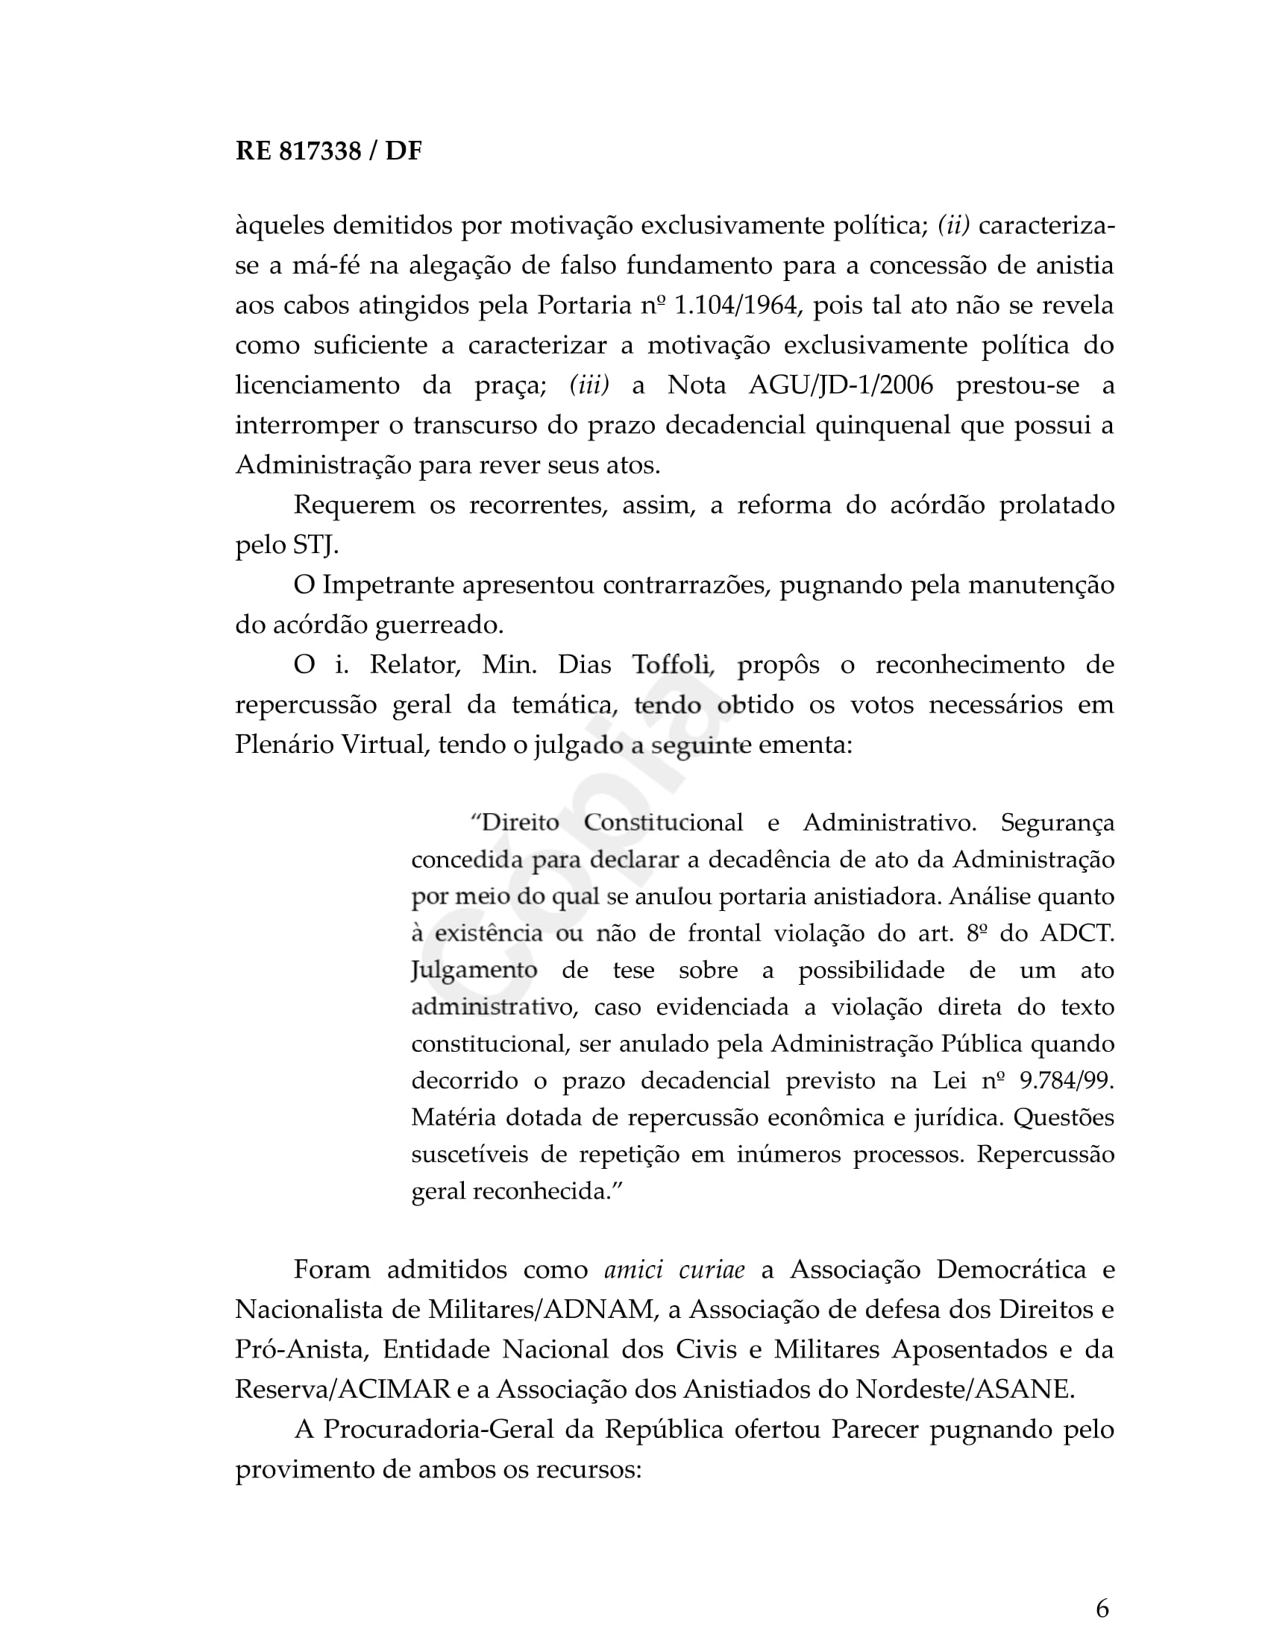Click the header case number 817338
pos(320,151)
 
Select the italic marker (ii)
pos(954,225)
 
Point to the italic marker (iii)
pos(589,385)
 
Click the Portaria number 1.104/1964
pos(735,306)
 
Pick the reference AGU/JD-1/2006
pos(841,385)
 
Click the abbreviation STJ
pos(315,545)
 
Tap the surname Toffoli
pos(671,665)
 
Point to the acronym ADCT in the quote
pos(1076,933)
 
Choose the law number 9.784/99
pos(1067,1081)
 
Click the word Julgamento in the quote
pos(474,970)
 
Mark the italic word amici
pos(633,1270)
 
